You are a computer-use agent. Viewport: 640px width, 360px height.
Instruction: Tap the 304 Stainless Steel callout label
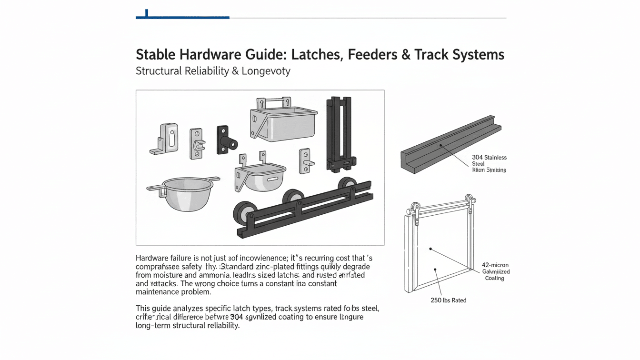tap(489, 163)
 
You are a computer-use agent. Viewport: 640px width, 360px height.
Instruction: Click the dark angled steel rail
tap(450, 143)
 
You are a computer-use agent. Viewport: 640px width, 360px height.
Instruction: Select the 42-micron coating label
tap(496, 271)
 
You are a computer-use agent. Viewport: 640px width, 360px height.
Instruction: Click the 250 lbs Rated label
tap(448, 300)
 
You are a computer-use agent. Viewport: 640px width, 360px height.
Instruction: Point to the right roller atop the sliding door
tap(470, 200)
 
